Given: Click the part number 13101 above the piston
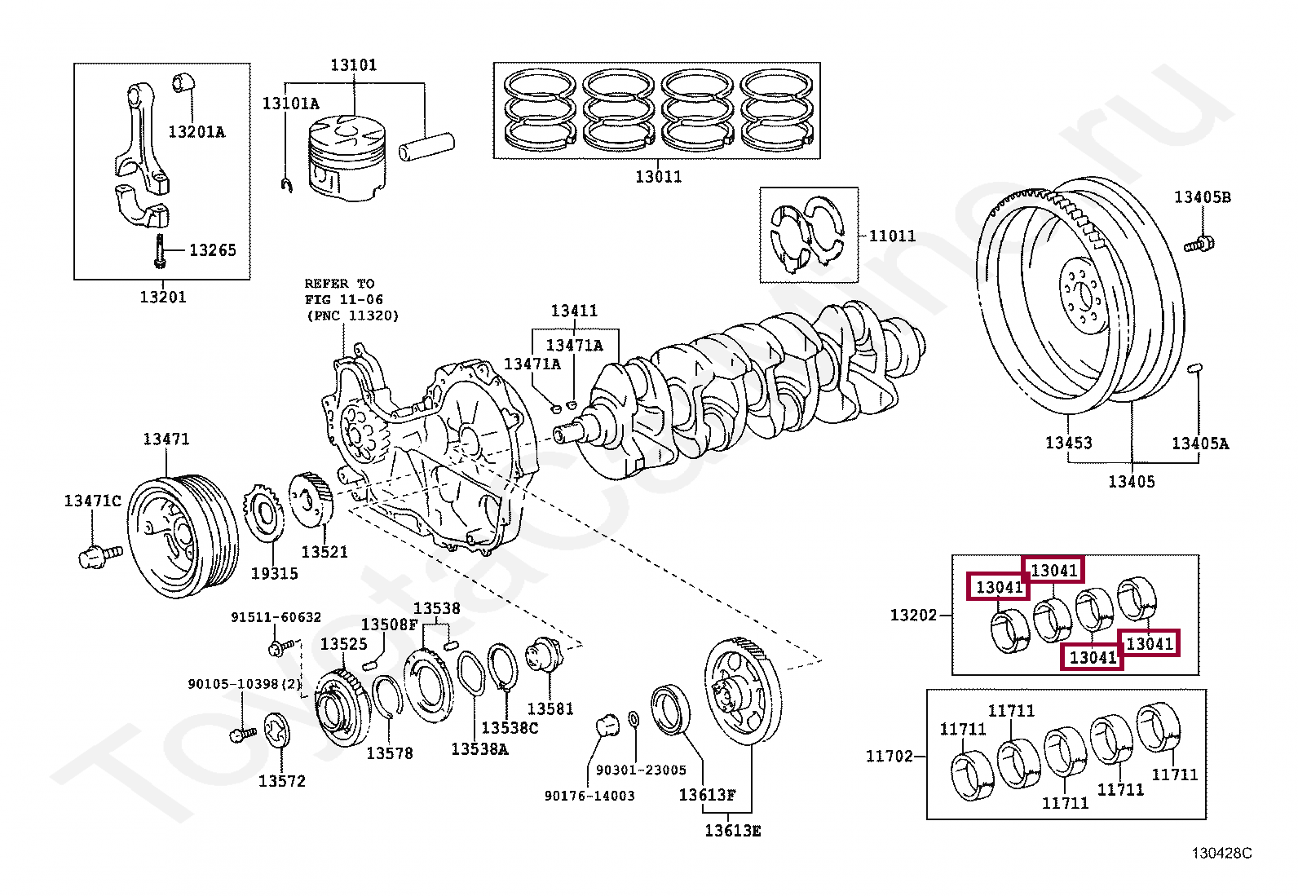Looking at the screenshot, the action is pos(354,65).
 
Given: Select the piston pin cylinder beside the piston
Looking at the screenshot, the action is pos(426,148).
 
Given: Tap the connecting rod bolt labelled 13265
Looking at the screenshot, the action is pos(160,251).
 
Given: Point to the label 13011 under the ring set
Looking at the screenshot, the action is pos(658,177).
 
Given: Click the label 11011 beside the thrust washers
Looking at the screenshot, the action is pos(892,236).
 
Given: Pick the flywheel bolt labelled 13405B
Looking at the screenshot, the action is pos(1199,245).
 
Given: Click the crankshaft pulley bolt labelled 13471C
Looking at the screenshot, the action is pos(100,556).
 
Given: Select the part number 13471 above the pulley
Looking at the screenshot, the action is pos(166,439).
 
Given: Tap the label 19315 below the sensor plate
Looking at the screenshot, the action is pos(274,574).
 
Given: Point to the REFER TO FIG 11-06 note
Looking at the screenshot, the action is pos(351,300).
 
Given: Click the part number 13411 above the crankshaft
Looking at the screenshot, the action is pos(574,311).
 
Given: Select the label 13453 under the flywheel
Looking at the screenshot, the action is pos(1069,443).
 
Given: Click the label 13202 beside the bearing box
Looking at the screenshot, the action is pos(913,615).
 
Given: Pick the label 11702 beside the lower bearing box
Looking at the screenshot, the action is pos(889,756).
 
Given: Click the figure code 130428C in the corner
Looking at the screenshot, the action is pos(1221,853).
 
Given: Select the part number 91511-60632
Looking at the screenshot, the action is pos(276,617).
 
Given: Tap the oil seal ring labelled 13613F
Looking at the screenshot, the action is pos(670,709).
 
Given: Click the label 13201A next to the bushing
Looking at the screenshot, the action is pos(196,132).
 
